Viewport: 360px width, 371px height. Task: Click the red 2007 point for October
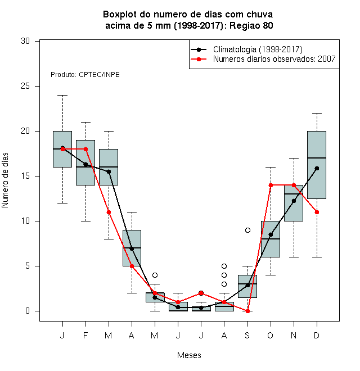point(271,185)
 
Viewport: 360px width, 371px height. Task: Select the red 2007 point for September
point(247,311)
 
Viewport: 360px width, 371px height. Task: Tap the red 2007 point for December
point(317,212)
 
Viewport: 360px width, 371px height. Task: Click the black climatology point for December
point(317,169)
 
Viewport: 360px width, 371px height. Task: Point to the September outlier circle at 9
point(247,230)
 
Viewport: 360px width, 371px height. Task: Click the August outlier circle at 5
point(224,266)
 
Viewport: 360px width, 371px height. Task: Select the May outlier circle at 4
point(155,275)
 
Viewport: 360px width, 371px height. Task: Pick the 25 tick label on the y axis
point(25,86)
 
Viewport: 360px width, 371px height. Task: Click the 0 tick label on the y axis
point(28,311)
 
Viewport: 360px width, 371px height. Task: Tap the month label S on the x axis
point(247,336)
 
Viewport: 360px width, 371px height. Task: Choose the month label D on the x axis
point(317,336)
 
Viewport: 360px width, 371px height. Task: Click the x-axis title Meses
point(189,355)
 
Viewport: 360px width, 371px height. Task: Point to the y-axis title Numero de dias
point(5,180)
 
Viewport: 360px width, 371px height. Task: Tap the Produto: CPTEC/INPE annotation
point(85,75)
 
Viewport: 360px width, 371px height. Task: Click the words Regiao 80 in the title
point(251,25)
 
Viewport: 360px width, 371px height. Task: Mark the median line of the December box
point(317,158)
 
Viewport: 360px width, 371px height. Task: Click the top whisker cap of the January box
point(63,96)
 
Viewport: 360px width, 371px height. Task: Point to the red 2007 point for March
point(109,212)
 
